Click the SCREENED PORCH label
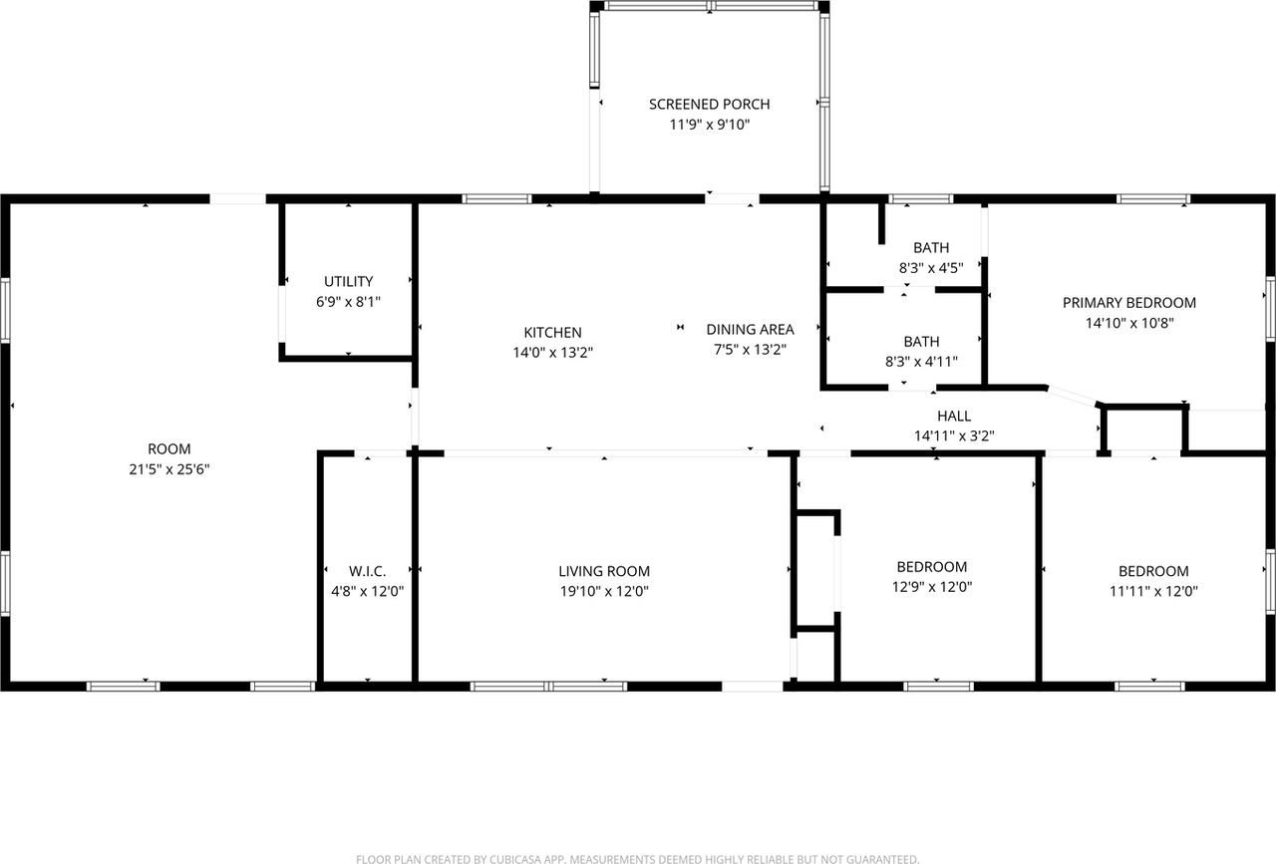click(709, 104)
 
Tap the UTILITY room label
click(348, 282)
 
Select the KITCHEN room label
click(553, 332)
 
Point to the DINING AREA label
click(750, 329)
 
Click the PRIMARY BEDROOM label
click(1128, 303)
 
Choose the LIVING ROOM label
click(603, 571)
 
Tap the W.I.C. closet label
click(367, 571)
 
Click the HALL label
click(953, 416)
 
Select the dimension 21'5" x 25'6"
click(168, 469)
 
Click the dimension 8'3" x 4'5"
click(931, 268)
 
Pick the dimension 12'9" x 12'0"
click(931, 587)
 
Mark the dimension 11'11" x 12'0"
click(1152, 591)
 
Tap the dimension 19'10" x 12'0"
click(603, 591)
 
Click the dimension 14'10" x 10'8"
click(1128, 323)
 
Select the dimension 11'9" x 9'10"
click(709, 125)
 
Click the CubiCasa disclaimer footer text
click(637, 858)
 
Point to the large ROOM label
click(168, 449)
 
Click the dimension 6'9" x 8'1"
click(348, 302)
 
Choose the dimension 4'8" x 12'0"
click(367, 591)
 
